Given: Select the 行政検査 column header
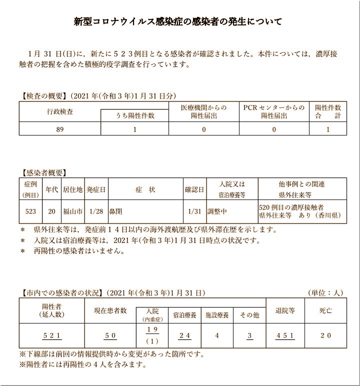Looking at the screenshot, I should click(59, 111).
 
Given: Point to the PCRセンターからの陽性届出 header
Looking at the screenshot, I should click(274, 111).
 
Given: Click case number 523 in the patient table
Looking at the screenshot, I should click(30, 211).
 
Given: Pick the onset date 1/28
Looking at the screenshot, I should click(95, 211).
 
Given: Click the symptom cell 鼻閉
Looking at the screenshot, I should click(117, 211).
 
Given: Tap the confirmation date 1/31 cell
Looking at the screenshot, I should click(194, 211).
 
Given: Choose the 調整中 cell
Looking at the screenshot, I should click(218, 211).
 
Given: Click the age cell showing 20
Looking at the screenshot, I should click(51, 211).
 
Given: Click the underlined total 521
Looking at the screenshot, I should click(52, 335).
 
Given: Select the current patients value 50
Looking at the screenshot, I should click(110, 335).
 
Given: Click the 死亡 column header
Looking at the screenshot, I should click(325, 310).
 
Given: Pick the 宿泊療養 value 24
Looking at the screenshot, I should click(185, 335).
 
